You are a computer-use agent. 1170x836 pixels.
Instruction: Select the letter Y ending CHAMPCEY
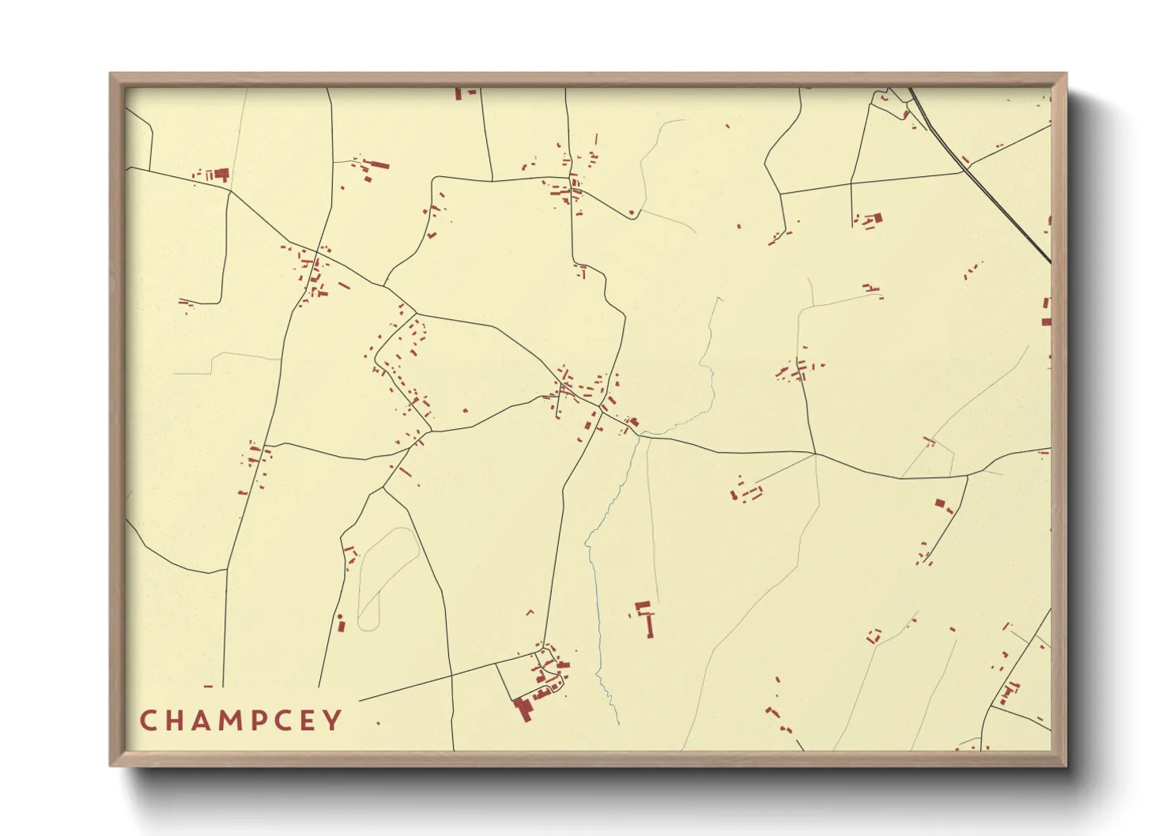pos(334,721)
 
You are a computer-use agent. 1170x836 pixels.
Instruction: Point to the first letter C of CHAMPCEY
pos(148,721)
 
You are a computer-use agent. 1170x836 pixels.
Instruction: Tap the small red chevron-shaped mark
pos(530,612)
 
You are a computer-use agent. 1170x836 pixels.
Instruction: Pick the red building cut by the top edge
pos(458,93)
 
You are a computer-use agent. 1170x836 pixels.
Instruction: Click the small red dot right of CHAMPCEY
pos(378,723)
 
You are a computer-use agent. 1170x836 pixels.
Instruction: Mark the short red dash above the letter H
pos(208,687)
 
